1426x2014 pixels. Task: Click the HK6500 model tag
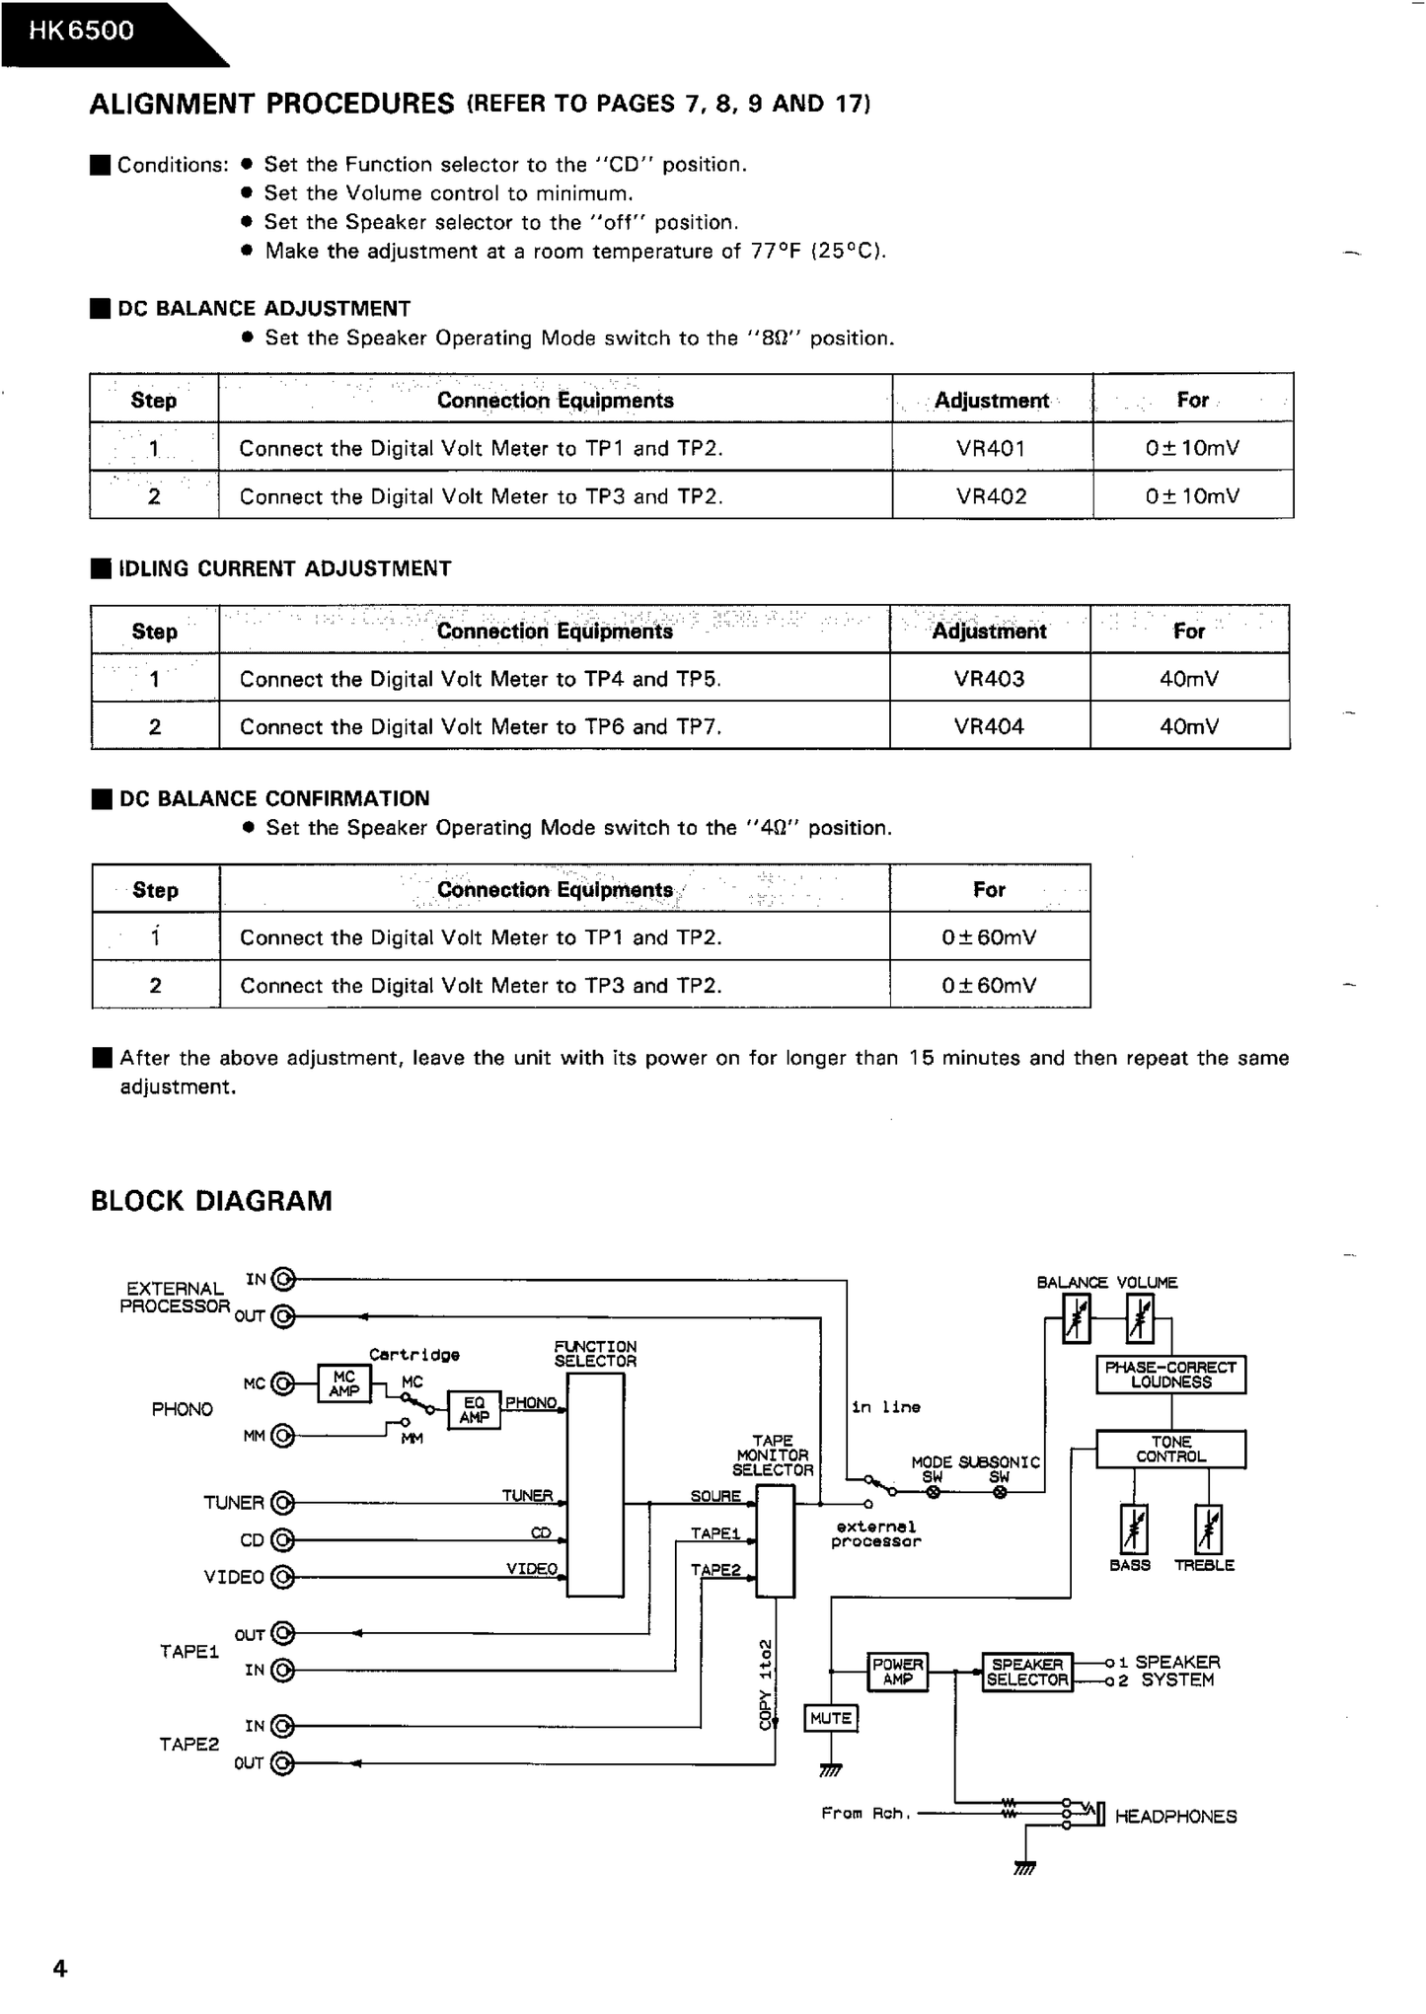click(81, 31)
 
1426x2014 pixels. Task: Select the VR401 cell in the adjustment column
click(991, 448)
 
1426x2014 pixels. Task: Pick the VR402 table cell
click(991, 496)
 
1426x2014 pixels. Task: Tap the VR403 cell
click(989, 679)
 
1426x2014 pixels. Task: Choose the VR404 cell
click(989, 727)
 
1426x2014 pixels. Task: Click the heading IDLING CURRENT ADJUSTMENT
click(284, 568)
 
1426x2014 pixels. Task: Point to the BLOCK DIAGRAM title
click(211, 1201)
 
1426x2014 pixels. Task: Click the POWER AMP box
click(897, 1671)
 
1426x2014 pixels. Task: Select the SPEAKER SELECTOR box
click(1027, 1672)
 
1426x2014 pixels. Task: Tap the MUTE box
click(831, 1718)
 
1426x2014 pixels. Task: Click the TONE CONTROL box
click(1170, 1449)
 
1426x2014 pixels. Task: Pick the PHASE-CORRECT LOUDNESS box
click(1170, 1375)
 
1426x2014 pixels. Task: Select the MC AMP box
click(343, 1383)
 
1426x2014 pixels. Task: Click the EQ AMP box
click(474, 1409)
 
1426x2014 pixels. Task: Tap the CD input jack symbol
click(282, 1539)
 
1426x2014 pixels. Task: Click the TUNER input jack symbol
click(282, 1503)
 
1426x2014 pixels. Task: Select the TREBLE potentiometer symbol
click(1208, 1529)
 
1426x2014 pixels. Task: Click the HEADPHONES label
click(1175, 1817)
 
